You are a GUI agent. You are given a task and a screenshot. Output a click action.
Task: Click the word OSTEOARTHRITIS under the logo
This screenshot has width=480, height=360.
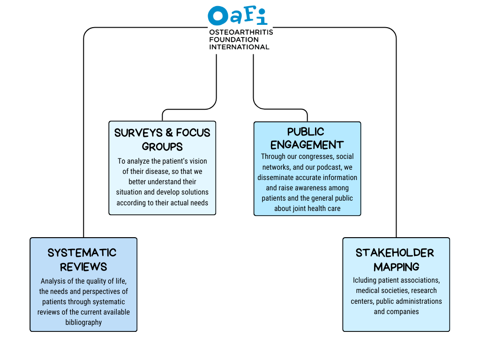(x=240, y=32)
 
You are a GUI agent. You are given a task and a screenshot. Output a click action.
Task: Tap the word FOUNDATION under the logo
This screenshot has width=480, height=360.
(x=233, y=39)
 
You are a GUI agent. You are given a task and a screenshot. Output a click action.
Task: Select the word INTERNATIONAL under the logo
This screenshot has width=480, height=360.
(x=239, y=47)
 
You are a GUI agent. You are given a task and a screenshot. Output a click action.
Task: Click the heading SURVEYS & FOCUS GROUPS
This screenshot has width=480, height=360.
(x=162, y=139)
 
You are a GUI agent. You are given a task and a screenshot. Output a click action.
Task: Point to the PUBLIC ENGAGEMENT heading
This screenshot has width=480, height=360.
(x=307, y=138)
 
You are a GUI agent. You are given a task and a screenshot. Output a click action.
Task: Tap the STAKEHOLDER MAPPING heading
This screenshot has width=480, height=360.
(x=396, y=260)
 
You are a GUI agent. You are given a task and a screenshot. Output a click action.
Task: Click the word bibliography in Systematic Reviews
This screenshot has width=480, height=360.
(x=83, y=322)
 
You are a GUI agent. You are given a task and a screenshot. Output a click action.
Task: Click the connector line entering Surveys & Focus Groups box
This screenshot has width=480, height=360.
(x=162, y=116)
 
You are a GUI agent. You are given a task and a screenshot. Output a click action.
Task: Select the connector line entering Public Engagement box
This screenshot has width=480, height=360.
(x=307, y=116)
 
